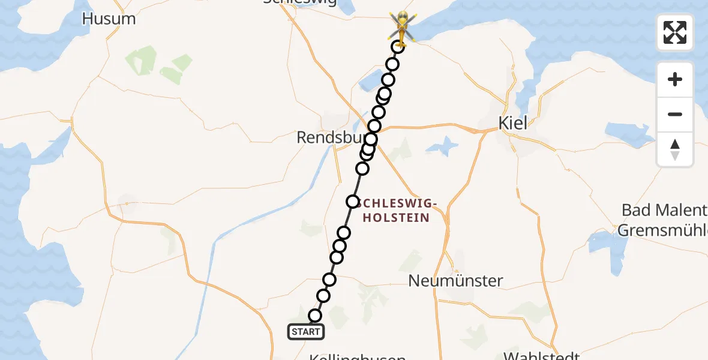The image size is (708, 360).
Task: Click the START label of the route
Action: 306,331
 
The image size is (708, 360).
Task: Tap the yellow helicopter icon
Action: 400,27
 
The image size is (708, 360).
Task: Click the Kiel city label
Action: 512,123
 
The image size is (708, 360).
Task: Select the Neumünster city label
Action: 455,280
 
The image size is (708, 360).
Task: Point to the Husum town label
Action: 109,19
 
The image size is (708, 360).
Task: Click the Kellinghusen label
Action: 358,356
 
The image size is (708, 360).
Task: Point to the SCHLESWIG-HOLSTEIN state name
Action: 394,210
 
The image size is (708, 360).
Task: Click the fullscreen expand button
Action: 675,32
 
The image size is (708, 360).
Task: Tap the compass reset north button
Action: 675,149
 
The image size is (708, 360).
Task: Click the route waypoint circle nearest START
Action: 315,316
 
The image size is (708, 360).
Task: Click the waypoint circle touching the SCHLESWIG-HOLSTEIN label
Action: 353,202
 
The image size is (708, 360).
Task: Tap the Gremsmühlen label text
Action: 662,230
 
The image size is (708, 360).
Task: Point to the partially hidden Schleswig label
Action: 300,2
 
